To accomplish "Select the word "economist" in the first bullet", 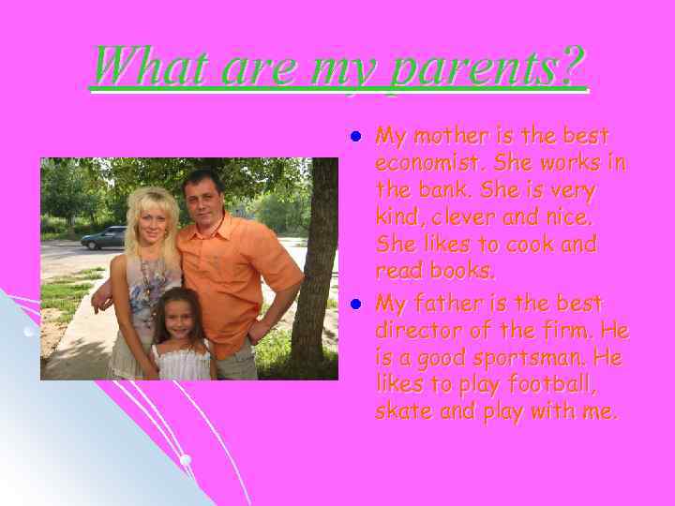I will tap(422, 164).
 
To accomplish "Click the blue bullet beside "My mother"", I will tap(355, 137).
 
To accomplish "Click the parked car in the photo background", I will tap(103, 238).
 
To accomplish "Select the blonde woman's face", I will tap(150, 220).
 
